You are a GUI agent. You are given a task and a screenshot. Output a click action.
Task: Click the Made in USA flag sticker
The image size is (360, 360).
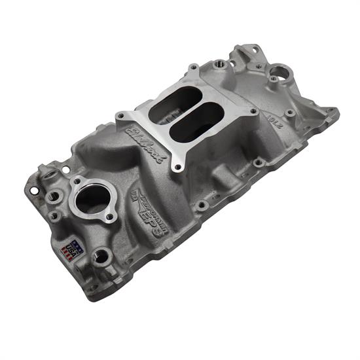[x=68, y=248]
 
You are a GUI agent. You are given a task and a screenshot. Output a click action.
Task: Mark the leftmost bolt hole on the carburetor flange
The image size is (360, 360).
[x=121, y=117]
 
